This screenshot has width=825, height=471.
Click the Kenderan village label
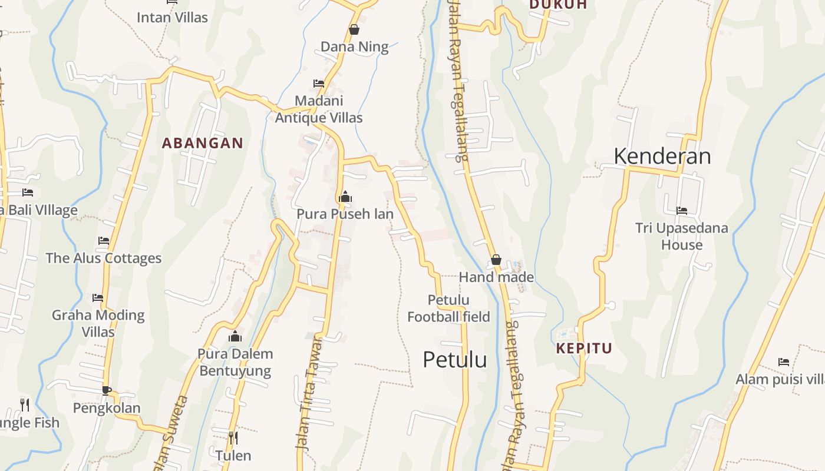coord(662,156)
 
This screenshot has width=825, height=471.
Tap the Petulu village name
coord(454,359)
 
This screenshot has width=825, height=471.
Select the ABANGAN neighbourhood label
coord(202,143)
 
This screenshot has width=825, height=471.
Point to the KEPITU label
coord(584,348)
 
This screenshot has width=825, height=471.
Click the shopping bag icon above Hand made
coord(496,259)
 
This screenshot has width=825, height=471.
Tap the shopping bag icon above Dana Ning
coord(354,29)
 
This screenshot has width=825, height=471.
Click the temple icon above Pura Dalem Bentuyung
coord(235,336)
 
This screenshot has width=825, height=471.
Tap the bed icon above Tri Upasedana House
coord(682,210)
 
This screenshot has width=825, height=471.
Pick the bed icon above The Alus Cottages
coord(104,240)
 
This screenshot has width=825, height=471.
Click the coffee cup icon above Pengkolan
coord(106,390)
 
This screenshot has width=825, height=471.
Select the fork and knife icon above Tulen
coord(233,437)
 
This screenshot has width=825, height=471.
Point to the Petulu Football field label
coord(448,309)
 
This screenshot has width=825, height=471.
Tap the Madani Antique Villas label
coord(319,109)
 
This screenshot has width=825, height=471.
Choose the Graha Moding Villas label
coord(98,323)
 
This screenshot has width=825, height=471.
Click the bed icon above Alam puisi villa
coord(783,361)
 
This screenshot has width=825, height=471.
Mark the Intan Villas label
coord(172,17)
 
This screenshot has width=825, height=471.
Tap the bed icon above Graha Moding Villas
coord(98,297)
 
